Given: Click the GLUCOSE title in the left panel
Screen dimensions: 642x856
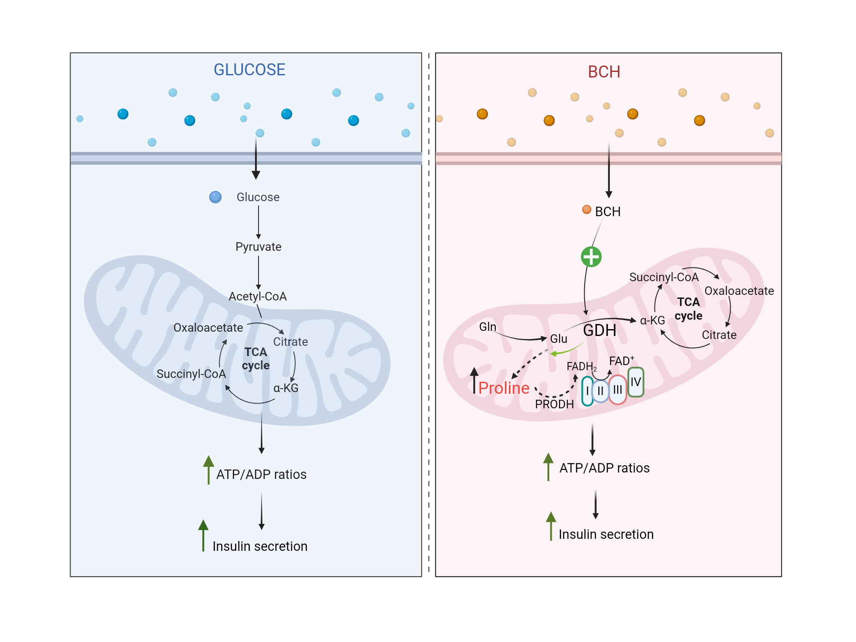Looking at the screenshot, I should [x=249, y=70].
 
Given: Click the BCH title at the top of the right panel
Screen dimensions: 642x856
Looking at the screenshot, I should [x=603, y=72].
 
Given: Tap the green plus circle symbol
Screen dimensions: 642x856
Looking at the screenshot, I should [x=591, y=257].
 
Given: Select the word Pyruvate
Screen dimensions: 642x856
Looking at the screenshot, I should [x=258, y=247].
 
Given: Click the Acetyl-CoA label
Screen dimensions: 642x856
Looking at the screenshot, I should [x=257, y=296].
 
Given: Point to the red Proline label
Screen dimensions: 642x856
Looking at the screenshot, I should [x=504, y=388].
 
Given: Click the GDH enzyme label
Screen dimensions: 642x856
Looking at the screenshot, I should [x=600, y=330].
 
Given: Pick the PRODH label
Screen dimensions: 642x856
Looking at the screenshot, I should [x=554, y=404].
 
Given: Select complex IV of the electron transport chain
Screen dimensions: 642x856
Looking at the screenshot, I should [x=636, y=382].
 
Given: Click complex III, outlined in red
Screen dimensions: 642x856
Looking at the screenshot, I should [x=618, y=389].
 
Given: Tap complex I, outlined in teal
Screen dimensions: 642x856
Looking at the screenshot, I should [x=587, y=391].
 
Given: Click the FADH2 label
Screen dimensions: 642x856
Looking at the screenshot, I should [x=581, y=367].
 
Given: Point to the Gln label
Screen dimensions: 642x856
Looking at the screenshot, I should [x=487, y=327].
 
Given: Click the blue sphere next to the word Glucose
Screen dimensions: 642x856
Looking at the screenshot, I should [x=215, y=197].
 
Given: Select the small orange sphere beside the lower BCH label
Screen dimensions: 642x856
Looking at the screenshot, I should [x=586, y=209].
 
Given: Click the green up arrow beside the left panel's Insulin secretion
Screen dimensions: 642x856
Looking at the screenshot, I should [x=203, y=535].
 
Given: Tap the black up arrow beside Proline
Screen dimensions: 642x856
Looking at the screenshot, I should [x=474, y=380].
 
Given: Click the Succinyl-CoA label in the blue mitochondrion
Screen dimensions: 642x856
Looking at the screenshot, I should [x=191, y=374].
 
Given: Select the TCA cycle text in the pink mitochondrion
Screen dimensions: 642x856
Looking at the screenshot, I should [x=688, y=309].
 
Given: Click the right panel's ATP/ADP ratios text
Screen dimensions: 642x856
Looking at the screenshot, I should [x=604, y=468].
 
